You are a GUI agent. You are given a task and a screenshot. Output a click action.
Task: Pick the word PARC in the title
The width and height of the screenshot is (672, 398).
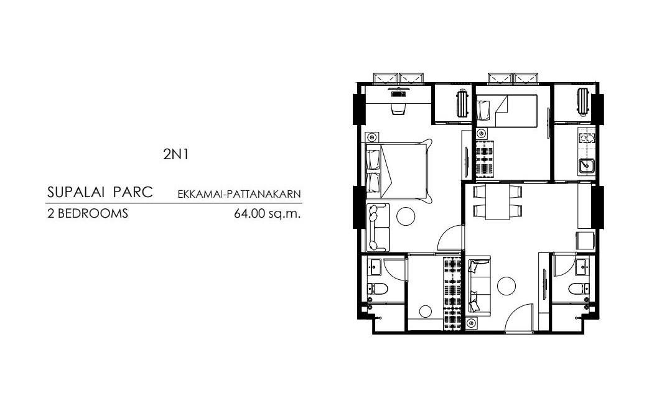coord(136,192)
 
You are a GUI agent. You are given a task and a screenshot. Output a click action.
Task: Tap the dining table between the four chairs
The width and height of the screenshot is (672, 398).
coord(496,202)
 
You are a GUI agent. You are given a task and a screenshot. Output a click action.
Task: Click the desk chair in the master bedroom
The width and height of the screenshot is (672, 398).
coord(398,109)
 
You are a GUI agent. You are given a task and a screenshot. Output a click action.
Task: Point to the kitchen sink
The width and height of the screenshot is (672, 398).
coord(586,165)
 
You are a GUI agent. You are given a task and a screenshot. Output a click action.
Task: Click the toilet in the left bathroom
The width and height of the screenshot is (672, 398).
coord(376,289)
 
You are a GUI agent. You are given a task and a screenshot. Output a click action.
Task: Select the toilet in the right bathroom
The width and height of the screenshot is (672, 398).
coord(576,289)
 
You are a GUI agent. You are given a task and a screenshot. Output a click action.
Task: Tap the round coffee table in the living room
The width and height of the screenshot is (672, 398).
coord(506,285)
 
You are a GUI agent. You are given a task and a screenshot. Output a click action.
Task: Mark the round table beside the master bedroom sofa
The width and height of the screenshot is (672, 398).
coord(406,215)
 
